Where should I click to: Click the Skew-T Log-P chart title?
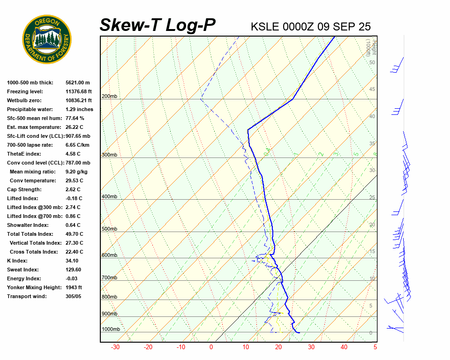157,25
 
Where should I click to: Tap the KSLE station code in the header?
265,27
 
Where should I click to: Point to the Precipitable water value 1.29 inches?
79,109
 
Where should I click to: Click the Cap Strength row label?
24,189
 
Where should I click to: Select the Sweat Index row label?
23,270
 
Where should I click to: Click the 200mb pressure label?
109,97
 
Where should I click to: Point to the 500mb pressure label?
109,229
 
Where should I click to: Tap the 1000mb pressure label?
111,329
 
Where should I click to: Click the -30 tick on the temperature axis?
115,347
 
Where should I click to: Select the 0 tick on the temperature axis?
211,347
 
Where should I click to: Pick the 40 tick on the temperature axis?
344,347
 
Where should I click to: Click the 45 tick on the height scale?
372,89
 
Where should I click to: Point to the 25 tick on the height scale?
372,197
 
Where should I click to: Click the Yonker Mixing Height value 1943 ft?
74,287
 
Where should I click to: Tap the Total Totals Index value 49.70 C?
75,234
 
